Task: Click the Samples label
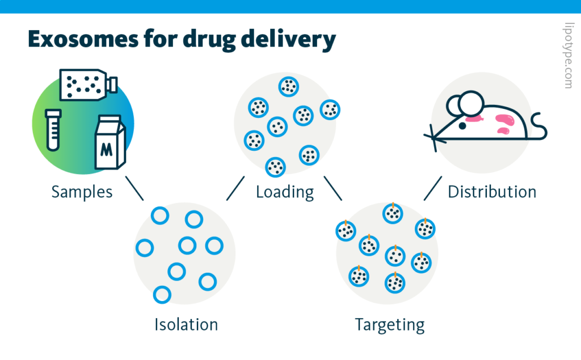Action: [82, 192]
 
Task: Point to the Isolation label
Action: [186, 325]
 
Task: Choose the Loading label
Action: [285, 192]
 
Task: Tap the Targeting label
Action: [390, 325]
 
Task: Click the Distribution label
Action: [492, 192]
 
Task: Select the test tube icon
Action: [53, 129]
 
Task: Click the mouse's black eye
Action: [463, 126]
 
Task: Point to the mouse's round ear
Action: [470, 104]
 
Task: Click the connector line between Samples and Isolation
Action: [134, 188]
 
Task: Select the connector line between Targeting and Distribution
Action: [433, 188]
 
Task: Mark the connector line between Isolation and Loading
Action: [235, 188]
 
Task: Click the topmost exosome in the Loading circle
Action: [289, 87]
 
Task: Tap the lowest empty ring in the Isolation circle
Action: [162, 294]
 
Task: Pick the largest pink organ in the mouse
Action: [504, 119]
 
